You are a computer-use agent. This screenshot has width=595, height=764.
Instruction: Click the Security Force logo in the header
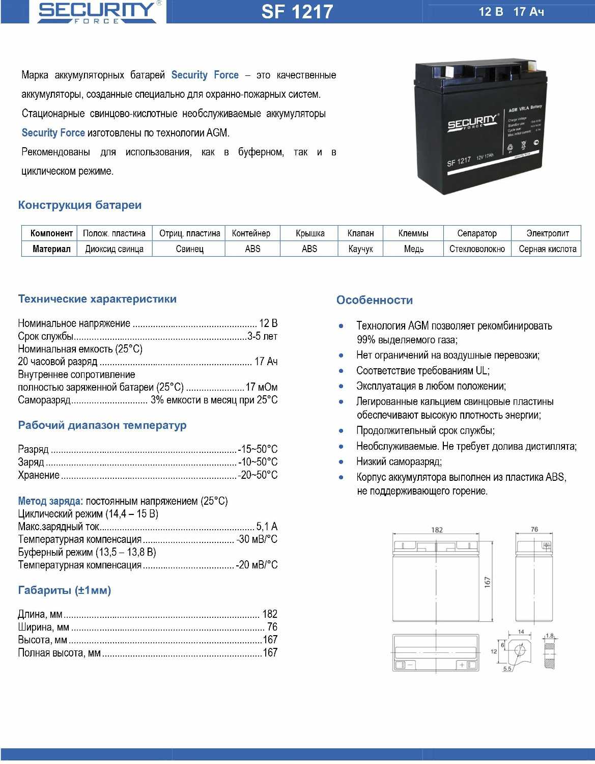coord(97,12)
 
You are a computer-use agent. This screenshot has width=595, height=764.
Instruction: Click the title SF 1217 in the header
coord(297,12)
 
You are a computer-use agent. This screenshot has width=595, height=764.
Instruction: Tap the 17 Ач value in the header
coord(529,12)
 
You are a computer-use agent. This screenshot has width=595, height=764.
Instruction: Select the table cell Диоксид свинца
coord(114,249)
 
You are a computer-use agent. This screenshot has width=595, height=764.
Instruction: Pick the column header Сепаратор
coord(476,233)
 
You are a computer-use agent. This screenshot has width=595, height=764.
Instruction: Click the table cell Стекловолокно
coord(476,249)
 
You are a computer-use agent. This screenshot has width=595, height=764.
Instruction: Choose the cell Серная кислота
coord(547,249)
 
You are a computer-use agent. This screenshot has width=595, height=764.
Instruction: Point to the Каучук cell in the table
coord(360,249)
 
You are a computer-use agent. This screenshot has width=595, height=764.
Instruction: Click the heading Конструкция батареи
coord(80,205)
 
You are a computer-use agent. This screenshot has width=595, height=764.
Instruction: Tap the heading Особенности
coord(374,300)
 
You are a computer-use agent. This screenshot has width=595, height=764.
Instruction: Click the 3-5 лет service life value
coord(262,336)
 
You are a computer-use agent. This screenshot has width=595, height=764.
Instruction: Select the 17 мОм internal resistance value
coord(261,387)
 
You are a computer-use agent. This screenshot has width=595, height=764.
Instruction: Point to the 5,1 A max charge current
coord(267,526)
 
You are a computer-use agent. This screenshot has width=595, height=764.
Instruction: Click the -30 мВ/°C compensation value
coord(257,539)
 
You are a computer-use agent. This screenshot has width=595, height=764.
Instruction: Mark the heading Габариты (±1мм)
coord(65,590)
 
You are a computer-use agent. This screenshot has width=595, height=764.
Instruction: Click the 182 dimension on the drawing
coord(437,530)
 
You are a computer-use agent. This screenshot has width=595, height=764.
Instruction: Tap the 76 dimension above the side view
coord(534,529)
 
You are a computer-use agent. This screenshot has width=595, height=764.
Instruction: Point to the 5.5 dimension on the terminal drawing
coord(507,669)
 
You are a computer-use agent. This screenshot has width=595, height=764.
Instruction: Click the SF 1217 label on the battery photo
coord(459,162)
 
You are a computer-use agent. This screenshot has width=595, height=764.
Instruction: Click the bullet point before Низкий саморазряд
coord(341,462)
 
